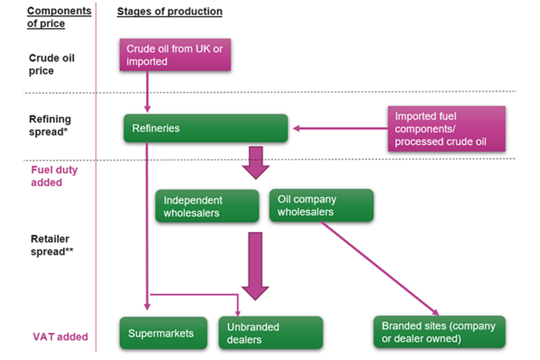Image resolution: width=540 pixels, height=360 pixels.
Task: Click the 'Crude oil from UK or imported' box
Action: [174, 55]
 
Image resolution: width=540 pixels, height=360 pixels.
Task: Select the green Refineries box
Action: [205, 128]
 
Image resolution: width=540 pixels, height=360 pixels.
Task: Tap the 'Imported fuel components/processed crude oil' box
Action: [446, 129]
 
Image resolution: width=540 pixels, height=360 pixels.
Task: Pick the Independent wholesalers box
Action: [207, 206]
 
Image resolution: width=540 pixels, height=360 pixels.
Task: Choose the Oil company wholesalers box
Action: [322, 206]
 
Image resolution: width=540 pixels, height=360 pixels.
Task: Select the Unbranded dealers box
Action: [271, 333]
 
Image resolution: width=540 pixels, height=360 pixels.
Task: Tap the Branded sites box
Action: [439, 332]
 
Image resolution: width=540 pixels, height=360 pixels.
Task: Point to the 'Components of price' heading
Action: [59, 17]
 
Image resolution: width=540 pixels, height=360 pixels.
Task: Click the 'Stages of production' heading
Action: [169, 12]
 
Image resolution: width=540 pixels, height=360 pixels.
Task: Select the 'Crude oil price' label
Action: [51, 64]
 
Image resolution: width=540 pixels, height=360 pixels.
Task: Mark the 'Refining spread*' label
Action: [51, 125]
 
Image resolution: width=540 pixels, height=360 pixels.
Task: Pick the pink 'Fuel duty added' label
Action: [54, 175]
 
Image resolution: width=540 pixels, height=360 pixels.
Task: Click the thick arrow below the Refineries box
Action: [256, 162]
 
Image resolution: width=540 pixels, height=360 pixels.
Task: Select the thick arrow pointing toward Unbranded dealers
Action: [256, 264]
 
